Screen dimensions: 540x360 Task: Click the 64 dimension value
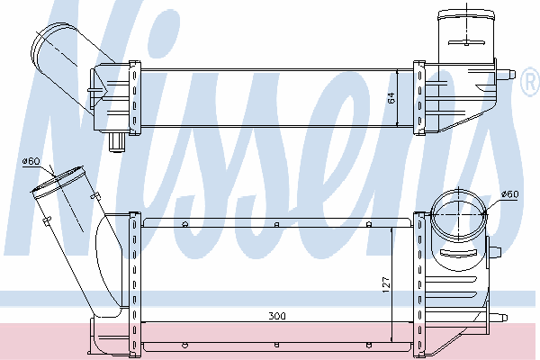click(391, 98)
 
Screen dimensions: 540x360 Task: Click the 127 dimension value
click(386, 284)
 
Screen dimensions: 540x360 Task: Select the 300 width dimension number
click(277, 316)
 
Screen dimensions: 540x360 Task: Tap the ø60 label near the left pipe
click(31, 161)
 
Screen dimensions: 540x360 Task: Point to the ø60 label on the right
click(509, 194)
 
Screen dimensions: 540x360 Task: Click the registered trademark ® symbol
click(530, 81)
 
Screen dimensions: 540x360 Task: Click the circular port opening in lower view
click(459, 214)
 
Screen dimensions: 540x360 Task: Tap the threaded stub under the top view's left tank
click(117, 141)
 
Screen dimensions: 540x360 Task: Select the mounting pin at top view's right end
click(506, 74)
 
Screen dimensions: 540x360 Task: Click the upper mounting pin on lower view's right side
click(494, 251)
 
